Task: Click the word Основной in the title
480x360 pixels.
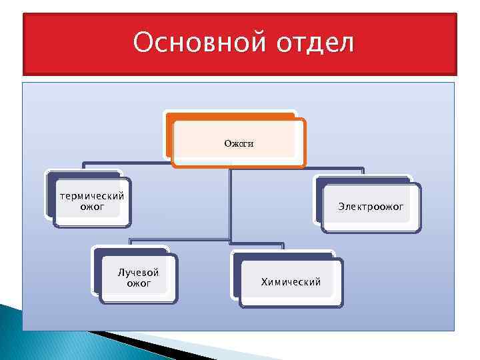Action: click(190, 43)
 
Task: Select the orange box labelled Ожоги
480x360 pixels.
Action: click(237, 141)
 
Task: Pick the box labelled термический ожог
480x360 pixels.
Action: click(91, 201)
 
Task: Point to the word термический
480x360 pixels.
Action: click(91, 196)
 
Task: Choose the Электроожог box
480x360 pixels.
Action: click(370, 207)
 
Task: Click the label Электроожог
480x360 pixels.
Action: click(370, 207)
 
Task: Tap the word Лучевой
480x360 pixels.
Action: click(138, 273)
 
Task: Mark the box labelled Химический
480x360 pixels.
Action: click(290, 281)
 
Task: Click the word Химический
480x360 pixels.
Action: click(290, 282)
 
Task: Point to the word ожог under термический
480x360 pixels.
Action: click(92, 207)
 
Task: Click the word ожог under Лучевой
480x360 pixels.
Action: click(139, 284)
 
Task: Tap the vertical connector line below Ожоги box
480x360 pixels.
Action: click(230, 200)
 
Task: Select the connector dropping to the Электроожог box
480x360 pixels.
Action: click(363, 172)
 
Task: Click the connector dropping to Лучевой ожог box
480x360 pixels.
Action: click(131, 243)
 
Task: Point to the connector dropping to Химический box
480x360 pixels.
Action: click(284, 246)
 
